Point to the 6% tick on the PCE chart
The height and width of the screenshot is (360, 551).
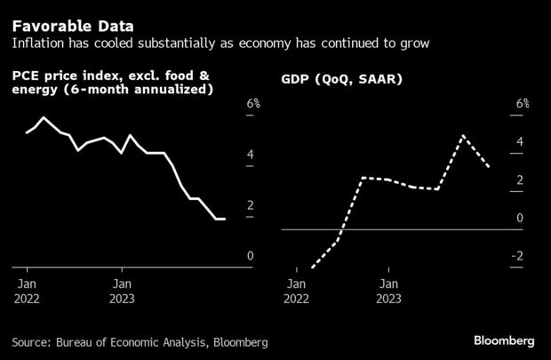(253, 104)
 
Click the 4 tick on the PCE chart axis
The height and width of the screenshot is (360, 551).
(251, 155)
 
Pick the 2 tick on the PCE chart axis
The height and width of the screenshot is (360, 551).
(251, 205)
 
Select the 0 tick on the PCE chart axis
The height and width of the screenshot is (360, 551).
(251, 256)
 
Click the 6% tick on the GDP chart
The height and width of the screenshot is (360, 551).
(523, 104)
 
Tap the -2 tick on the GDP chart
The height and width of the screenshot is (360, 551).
(518, 257)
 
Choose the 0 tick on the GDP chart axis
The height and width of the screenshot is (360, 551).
(520, 219)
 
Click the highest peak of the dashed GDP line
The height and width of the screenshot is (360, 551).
(463, 136)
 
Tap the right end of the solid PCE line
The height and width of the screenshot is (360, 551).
(224, 219)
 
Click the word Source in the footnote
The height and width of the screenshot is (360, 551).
(31, 342)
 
